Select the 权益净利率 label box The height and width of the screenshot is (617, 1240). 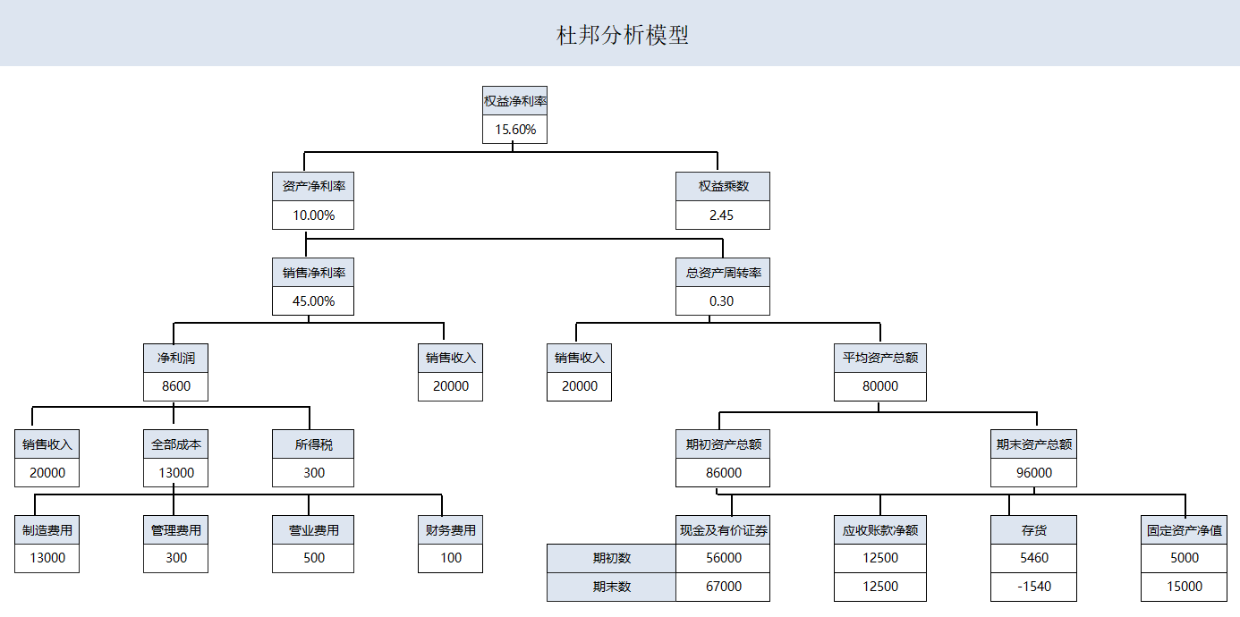514,101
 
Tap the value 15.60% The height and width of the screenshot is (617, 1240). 514,130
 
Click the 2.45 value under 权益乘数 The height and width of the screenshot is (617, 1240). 722,216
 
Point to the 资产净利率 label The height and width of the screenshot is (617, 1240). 313,187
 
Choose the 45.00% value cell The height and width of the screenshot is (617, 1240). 313,301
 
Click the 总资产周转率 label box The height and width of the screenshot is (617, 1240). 722,273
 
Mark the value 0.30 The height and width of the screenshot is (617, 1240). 722,301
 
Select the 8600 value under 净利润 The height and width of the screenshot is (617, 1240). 175,387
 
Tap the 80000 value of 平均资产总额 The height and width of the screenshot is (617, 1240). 879,387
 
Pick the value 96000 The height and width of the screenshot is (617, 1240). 1033,473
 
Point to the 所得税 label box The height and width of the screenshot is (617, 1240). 313,444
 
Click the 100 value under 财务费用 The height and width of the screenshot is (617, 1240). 450,558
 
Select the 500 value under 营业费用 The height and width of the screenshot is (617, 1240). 313,558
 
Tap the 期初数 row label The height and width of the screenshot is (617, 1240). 611,558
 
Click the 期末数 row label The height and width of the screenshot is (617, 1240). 611,587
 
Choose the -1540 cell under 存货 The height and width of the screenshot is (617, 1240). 1033,587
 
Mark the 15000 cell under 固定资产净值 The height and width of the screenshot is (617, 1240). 1184,587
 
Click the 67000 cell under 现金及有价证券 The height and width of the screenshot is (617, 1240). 722,587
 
